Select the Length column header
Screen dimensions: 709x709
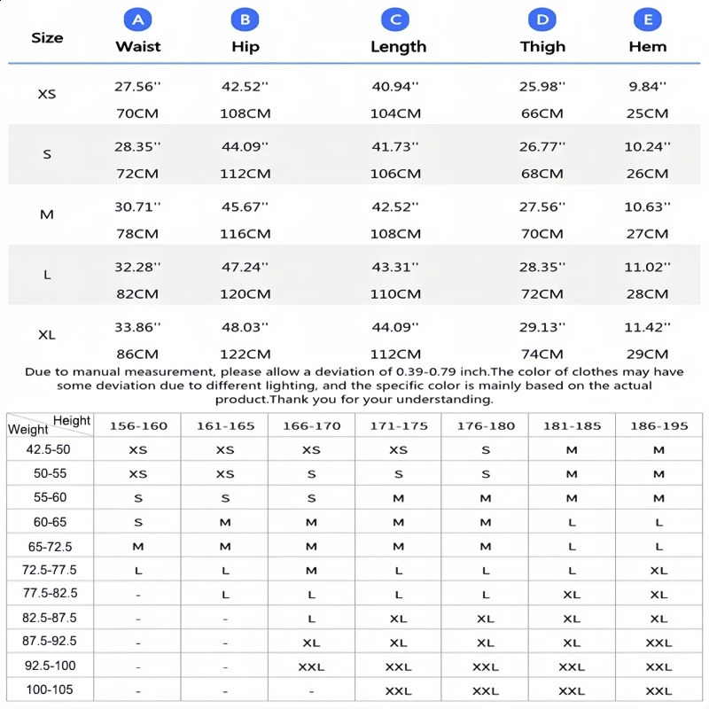click(398, 47)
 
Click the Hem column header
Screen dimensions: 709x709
click(647, 47)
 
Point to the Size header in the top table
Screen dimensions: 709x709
click(47, 37)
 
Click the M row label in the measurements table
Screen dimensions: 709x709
click(47, 214)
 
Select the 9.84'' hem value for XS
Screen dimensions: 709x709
click(647, 87)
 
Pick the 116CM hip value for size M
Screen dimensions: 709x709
click(245, 234)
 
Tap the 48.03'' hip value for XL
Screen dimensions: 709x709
click(245, 328)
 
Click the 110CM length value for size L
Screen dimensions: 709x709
click(395, 294)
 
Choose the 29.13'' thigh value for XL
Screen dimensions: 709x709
click(541, 328)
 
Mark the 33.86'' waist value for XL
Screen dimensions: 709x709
click(137, 328)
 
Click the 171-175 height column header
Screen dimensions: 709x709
click(398, 426)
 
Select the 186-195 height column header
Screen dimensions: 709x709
click(658, 426)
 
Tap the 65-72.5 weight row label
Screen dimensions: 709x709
click(50, 546)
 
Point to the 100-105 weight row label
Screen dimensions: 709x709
click(50, 690)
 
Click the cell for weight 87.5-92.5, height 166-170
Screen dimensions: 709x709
click(311, 643)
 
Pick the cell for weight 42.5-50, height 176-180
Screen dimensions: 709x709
click(485, 450)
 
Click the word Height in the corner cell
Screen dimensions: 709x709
click(72, 420)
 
